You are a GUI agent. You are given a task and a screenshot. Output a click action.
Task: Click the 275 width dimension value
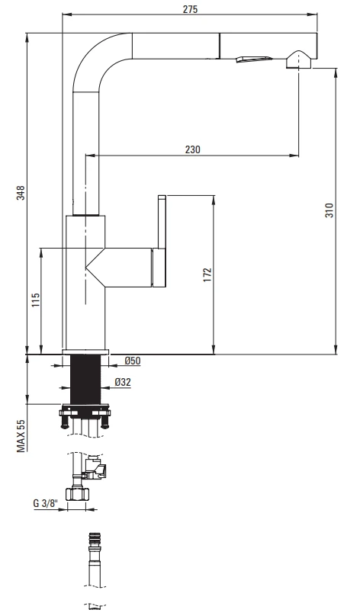coord(190,9)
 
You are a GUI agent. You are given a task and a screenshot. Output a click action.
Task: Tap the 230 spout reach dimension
coord(192,149)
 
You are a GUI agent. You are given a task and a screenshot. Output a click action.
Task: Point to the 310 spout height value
coord(329,210)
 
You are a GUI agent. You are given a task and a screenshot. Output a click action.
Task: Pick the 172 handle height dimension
coord(207,275)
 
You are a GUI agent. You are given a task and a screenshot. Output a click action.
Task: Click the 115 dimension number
coord(36,300)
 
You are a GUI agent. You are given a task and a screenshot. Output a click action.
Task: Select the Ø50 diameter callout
coord(132,361)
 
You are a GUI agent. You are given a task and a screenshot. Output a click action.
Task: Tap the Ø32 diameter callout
coord(123,382)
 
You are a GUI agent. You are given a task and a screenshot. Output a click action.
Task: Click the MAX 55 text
coord(21,436)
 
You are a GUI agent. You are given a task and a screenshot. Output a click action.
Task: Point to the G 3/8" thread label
coord(45,503)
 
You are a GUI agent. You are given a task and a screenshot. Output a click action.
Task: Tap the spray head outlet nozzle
coord(299,60)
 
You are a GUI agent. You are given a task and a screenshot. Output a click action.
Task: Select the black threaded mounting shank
coord(85,379)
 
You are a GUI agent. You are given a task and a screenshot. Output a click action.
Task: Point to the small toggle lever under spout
coord(254,59)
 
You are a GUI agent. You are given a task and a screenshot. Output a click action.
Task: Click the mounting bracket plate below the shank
coord(85,413)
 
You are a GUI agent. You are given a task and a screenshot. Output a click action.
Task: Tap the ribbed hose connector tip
coord(94,537)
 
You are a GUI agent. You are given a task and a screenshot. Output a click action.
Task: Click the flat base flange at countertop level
coord(85,351)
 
